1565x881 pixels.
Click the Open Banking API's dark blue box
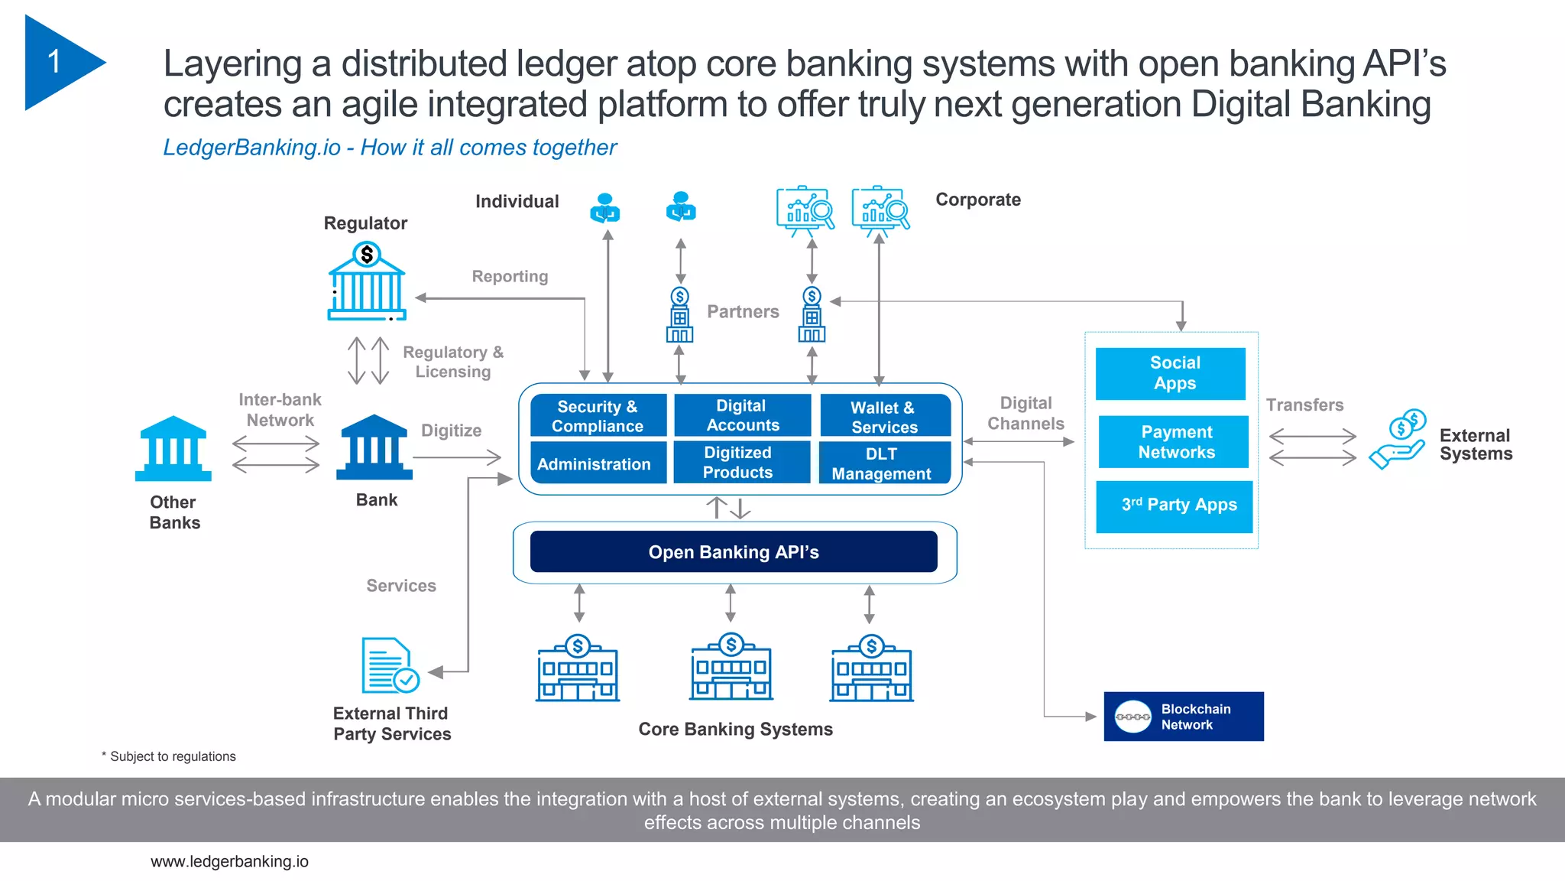(734, 551)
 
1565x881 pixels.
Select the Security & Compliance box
(598, 416)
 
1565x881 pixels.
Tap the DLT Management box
(884, 463)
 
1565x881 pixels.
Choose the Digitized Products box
(740, 463)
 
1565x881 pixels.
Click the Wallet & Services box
(885, 416)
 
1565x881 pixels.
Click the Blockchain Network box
(1183, 717)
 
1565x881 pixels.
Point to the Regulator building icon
(367, 282)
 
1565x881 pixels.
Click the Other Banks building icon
(173, 449)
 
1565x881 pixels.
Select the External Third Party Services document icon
(388, 665)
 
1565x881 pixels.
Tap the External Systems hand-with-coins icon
(1398, 440)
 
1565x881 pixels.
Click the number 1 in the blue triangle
(53, 61)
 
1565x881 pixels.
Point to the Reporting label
(510, 276)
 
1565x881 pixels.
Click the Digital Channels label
(1026, 413)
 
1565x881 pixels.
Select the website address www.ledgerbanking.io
(229, 861)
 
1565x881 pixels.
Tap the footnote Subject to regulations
(172, 756)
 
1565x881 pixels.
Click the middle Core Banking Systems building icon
(731, 668)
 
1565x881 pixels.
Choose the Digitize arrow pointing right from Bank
(457, 457)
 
